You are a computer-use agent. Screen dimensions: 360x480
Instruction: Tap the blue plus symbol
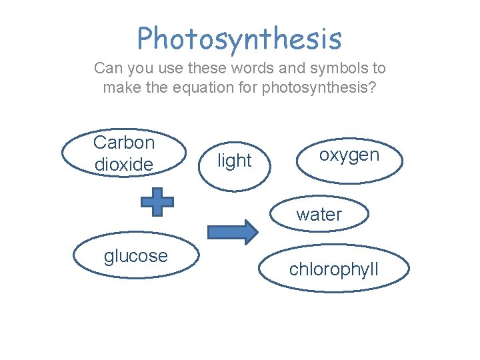coord(158,201)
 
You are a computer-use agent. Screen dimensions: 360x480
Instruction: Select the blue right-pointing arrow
coord(232,231)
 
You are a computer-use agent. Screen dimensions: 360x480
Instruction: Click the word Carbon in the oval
coord(124,142)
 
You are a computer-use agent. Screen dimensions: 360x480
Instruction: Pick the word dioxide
coord(124,164)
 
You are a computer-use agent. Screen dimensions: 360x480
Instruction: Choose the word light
coord(235,161)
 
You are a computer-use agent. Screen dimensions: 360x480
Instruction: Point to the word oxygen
coord(349,155)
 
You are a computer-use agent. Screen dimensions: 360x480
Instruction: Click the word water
coord(319,215)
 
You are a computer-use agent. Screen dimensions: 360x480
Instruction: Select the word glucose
coord(136,255)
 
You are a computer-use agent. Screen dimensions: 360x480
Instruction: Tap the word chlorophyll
coord(333,269)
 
